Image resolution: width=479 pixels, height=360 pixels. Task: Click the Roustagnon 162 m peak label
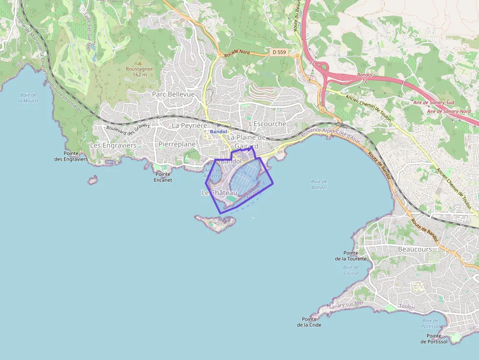pos(139,72)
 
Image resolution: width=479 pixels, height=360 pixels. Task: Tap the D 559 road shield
pos(279,52)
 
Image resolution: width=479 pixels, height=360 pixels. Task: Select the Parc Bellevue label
pos(173,94)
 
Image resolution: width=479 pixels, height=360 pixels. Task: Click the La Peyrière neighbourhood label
pos(190,126)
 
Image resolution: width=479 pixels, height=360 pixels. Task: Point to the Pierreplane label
pos(177,144)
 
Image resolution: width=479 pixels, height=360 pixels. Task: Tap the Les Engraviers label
pos(113,145)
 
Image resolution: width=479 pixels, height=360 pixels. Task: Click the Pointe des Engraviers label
pos(71,156)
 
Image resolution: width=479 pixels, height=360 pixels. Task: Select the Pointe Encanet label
pos(163,177)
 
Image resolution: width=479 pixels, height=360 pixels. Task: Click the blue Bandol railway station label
pos(218,132)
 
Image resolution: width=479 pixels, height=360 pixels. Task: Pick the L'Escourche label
pos(267,124)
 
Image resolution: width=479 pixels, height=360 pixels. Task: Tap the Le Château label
pos(219,193)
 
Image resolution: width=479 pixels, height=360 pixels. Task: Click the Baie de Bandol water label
pos(319,184)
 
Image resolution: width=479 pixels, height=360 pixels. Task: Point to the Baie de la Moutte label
pos(28,98)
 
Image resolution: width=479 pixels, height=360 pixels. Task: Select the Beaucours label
pos(415,249)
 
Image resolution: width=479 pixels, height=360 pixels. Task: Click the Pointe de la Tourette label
pos(350,256)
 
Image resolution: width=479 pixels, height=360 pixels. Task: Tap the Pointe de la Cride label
pos(309,321)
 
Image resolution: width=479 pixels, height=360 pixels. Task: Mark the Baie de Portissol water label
pos(430,323)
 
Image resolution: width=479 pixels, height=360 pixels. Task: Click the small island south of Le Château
pos(216,223)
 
